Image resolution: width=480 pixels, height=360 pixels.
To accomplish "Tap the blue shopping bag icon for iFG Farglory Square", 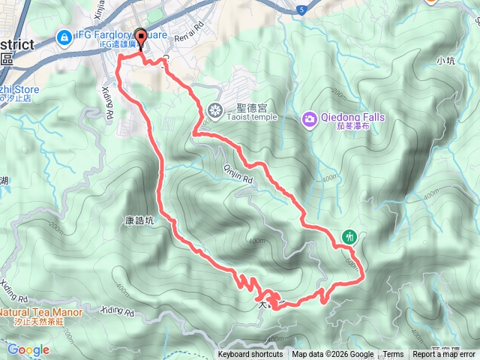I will (x=64, y=35).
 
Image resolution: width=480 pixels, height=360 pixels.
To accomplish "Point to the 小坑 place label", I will (x=445, y=59).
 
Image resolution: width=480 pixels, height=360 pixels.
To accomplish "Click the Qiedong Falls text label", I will (x=353, y=117).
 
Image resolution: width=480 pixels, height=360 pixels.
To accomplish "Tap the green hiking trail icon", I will (x=349, y=236).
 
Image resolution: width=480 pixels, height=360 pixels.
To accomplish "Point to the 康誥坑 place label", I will (x=139, y=221).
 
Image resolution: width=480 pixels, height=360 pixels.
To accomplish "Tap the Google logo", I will (x=28, y=349).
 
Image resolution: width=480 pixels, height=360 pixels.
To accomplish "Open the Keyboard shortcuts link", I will (x=250, y=355).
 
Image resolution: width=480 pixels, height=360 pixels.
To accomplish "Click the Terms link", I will (x=393, y=355).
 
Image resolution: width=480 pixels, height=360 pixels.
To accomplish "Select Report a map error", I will (x=444, y=355).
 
